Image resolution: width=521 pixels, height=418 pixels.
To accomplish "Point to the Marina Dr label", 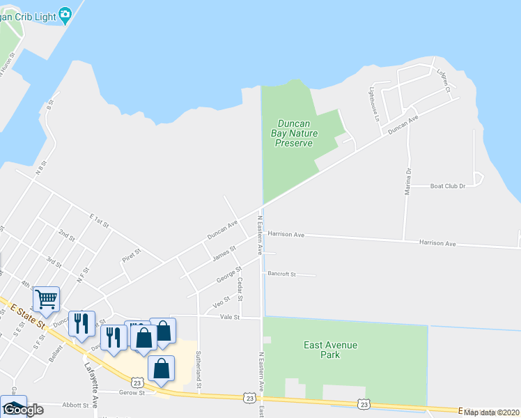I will (x=409, y=180).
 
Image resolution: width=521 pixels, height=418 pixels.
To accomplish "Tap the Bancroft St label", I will (x=282, y=274).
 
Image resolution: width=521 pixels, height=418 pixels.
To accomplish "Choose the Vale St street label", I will (x=230, y=317).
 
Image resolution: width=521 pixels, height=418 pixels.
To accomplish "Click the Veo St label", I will (x=221, y=302).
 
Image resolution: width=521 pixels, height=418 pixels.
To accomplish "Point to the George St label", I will (x=228, y=274).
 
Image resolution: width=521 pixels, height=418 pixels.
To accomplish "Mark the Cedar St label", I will (x=241, y=289).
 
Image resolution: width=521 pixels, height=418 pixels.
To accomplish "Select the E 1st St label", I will (x=100, y=221).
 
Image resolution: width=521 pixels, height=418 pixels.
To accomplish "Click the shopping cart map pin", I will (x=47, y=299).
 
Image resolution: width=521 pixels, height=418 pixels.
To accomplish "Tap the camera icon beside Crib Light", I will (x=65, y=13).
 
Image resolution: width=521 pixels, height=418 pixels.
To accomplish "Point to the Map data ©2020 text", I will (x=490, y=412).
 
